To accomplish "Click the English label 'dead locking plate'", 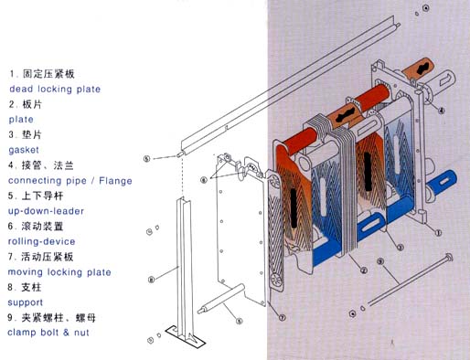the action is pyautogui.click(x=55, y=89).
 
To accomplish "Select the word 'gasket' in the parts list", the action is pyautogui.click(x=24, y=150).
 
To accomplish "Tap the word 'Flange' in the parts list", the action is pyautogui.click(x=115, y=181).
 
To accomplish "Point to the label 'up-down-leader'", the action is pyautogui.click(x=46, y=211).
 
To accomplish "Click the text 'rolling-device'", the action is pyautogui.click(x=41, y=241).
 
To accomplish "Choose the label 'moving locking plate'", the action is pyautogui.click(x=59, y=272).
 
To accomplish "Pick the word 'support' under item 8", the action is pyautogui.click(x=25, y=302).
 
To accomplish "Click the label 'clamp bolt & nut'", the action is pyautogui.click(x=48, y=333).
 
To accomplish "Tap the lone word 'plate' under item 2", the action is pyautogui.click(x=21, y=119).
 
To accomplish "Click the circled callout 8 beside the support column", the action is pyautogui.click(x=151, y=280).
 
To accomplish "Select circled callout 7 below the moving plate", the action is pyautogui.click(x=283, y=317).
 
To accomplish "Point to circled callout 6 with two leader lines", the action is pyautogui.click(x=204, y=180).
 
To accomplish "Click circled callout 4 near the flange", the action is pyautogui.click(x=441, y=111).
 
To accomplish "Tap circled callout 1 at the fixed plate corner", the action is pyautogui.click(x=438, y=233).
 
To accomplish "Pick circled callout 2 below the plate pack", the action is pyautogui.click(x=363, y=270).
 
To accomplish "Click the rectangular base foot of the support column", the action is pyautogui.click(x=186, y=336).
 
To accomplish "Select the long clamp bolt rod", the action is pyautogui.click(x=411, y=280).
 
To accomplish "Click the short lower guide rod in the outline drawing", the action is pyautogui.click(x=221, y=299).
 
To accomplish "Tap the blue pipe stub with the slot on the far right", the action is pyautogui.click(x=443, y=182).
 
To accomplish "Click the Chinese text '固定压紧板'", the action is pyautogui.click(x=48, y=74).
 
